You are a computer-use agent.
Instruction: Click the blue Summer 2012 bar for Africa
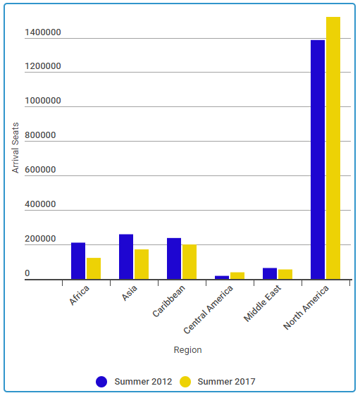(x=78, y=261)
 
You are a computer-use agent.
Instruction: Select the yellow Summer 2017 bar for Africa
(x=94, y=268)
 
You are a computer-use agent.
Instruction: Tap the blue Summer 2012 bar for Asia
(x=126, y=256)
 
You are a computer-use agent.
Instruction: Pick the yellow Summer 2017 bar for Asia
(x=142, y=264)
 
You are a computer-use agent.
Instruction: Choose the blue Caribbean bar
(x=174, y=259)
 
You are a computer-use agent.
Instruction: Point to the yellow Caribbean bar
(x=190, y=262)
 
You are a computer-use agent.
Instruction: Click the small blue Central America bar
(x=222, y=278)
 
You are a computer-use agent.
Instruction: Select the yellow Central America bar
(x=237, y=275)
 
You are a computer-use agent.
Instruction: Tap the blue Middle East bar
(x=270, y=273)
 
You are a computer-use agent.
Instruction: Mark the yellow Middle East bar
(x=285, y=275)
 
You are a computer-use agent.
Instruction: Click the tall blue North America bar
(x=318, y=160)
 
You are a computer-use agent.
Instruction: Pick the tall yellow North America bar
(x=333, y=148)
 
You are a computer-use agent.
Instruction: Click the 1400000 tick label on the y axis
(x=43, y=32)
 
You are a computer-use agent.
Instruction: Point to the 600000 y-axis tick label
(x=40, y=170)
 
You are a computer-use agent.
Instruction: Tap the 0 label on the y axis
(x=27, y=273)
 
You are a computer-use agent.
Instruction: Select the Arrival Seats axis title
(x=15, y=148)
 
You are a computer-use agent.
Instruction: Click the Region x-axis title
(x=188, y=350)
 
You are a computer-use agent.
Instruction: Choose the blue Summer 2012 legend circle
(x=101, y=382)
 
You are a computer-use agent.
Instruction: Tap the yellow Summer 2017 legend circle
(x=185, y=382)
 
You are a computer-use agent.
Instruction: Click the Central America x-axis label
(x=209, y=309)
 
